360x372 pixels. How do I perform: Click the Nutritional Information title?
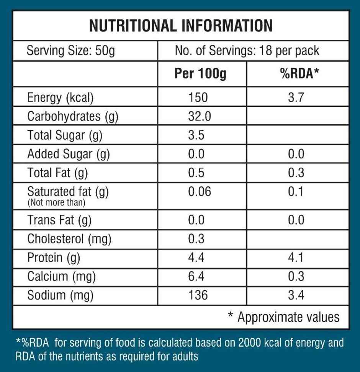[181, 26]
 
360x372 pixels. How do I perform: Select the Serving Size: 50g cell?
[71, 51]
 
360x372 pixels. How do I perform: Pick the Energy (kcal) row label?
[60, 98]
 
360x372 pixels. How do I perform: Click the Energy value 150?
[198, 98]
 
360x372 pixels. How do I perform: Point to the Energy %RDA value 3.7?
[296, 98]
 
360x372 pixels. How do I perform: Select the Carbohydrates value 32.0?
[199, 116]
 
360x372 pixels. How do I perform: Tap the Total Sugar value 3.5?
[196, 135]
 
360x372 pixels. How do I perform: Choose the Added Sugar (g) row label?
[69, 154]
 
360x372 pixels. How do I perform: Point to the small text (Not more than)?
[56, 203]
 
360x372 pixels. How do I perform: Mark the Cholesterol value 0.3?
[196, 238]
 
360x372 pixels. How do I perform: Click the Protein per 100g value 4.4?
[196, 257]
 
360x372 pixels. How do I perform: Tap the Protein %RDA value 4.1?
[296, 257]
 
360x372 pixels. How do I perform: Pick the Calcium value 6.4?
[196, 276]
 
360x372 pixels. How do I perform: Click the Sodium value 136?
[198, 295]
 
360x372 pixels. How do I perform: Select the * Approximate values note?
[284, 317]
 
